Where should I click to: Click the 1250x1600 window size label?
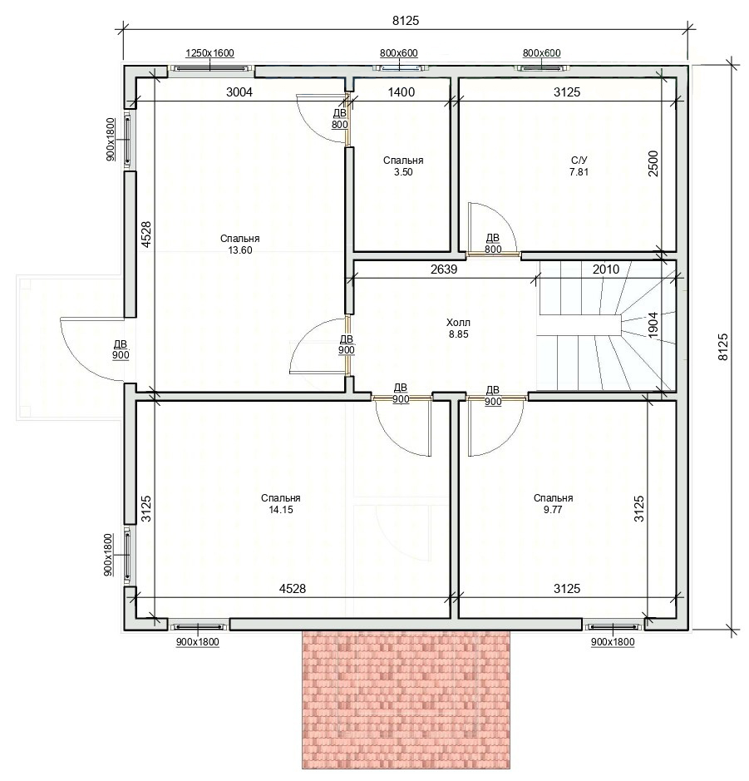pyautogui.click(x=209, y=52)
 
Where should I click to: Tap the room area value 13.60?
pyautogui.click(x=240, y=250)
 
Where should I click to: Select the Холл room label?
pyautogui.click(x=458, y=322)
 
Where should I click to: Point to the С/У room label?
pyautogui.click(x=579, y=160)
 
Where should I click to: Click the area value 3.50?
pyautogui.click(x=403, y=172)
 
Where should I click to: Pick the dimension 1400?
pyautogui.click(x=402, y=91)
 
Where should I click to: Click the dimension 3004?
pyautogui.click(x=239, y=91)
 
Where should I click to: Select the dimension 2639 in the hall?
pyautogui.click(x=443, y=269)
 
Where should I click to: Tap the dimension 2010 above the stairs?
pyautogui.click(x=606, y=269)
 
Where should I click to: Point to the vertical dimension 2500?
pyautogui.click(x=653, y=163)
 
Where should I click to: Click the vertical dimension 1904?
pyautogui.click(x=653, y=325)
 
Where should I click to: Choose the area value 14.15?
pyautogui.click(x=281, y=510)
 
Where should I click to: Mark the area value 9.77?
pyautogui.click(x=553, y=510)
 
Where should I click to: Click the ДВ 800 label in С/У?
pyautogui.click(x=493, y=244)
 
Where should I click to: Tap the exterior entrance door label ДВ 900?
pyautogui.click(x=121, y=349)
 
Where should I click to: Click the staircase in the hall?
pyautogui.click(x=607, y=326)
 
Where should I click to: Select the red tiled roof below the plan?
pyautogui.click(x=407, y=699)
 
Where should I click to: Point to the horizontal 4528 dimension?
pyautogui.click(x=292, y=588)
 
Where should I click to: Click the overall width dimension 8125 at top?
pyautogui.click(x=406, y=21)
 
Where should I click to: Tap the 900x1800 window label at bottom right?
pyautogui.click(x=613, y=642)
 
